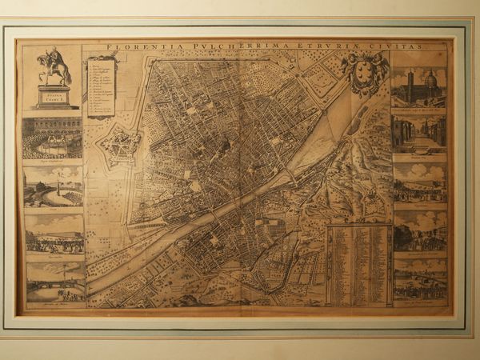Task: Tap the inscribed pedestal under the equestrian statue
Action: [x=55, y=97]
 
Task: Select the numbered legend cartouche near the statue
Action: [x=102, y=86]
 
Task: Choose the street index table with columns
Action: [x=358, y=264]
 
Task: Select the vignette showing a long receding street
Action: [x=419, y=134]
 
